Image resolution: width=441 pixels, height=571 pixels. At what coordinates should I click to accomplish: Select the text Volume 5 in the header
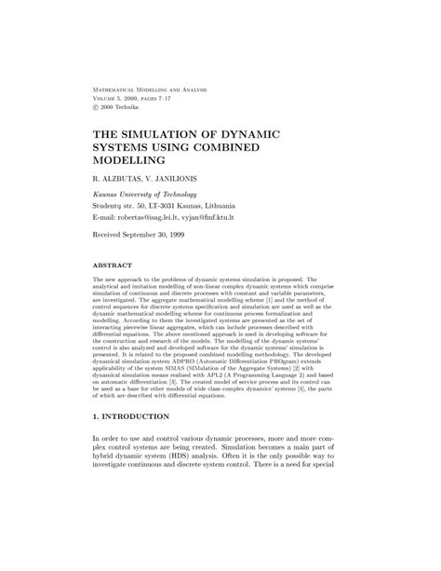[x=109, y=98]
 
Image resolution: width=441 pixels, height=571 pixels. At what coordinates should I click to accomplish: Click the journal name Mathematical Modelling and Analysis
[x=148, y=88]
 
